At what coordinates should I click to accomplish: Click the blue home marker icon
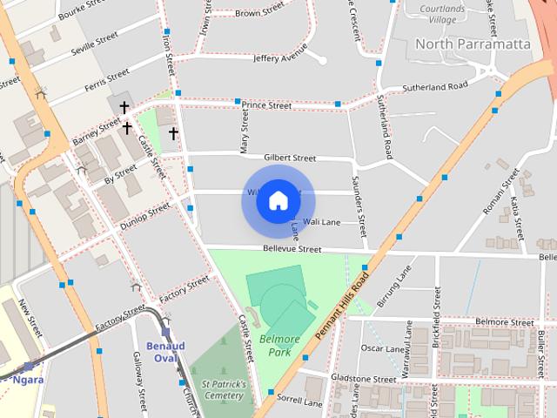(278, 200)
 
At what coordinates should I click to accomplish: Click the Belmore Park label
(278, 346)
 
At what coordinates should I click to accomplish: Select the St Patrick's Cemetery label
(224, 389)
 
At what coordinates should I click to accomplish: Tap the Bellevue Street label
(292, 249)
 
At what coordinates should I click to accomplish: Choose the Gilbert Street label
(290, 158)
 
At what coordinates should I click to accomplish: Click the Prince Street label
(266, 105)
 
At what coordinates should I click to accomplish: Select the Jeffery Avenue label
(280, 58)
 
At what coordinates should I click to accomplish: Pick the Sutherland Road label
(434, 86)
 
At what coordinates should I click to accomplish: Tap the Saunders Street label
(356, 197)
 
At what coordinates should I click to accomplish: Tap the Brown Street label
(259, 13)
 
